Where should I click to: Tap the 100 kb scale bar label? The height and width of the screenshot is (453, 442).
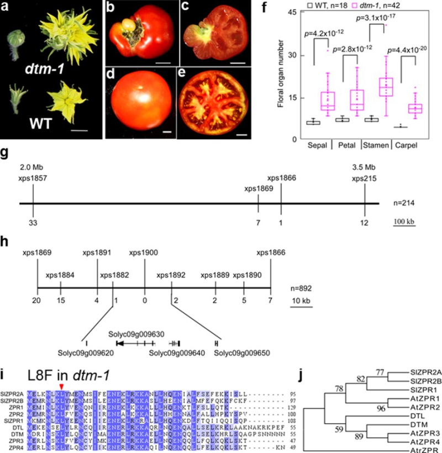(x=404, y=220)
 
